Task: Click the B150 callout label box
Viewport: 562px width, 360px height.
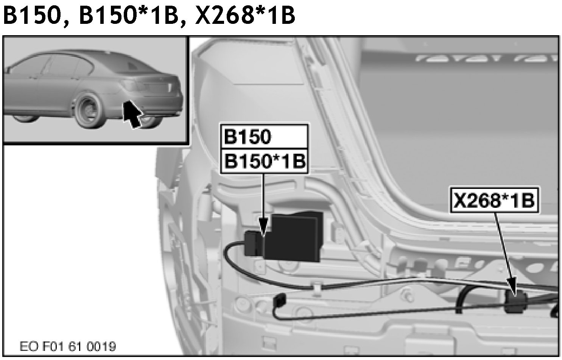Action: pyautogui.click(x=264, y=137)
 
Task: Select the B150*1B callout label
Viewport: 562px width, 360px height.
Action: pyautogui.click(x=264, y=161)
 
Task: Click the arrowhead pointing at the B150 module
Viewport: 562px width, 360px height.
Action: pyautogui.click(x=263, y=227)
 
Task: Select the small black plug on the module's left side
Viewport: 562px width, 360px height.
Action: pyautogui.click(x=254, y=243)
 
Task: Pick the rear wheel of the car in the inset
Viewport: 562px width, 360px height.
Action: pyautogui.click(x=89, y=111)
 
